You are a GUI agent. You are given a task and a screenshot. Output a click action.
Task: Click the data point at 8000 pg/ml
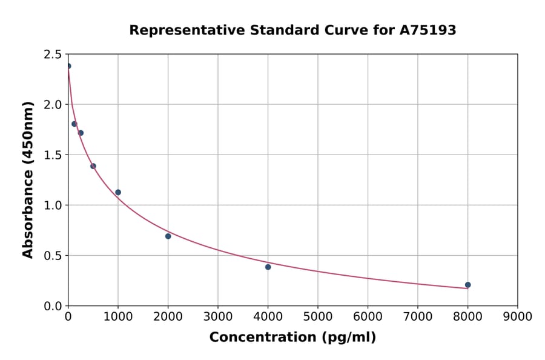467,285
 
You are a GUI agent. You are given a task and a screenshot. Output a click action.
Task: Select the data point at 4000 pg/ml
268,267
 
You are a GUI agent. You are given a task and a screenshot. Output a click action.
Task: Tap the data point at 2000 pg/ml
168,236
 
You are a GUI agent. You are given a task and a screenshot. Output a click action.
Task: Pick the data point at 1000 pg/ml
118,192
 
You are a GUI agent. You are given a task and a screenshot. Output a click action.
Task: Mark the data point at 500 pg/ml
93,166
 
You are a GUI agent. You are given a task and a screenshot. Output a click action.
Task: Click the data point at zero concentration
68,66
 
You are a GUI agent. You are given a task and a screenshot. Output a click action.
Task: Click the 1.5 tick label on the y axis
53,155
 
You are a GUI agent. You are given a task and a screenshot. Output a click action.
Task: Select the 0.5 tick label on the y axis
53,256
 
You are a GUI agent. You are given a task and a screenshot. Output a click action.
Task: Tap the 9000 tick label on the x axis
517,316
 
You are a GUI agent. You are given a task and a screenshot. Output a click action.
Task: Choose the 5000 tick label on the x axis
317,316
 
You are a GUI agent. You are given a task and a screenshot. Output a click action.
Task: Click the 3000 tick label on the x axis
218,316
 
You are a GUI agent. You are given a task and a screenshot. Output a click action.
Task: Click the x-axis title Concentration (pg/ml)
292,338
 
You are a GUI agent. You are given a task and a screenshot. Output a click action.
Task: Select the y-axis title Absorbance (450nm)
28,179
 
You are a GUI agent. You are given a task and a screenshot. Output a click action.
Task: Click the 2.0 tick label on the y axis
53,105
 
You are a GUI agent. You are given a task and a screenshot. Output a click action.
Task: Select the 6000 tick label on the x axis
368,316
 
